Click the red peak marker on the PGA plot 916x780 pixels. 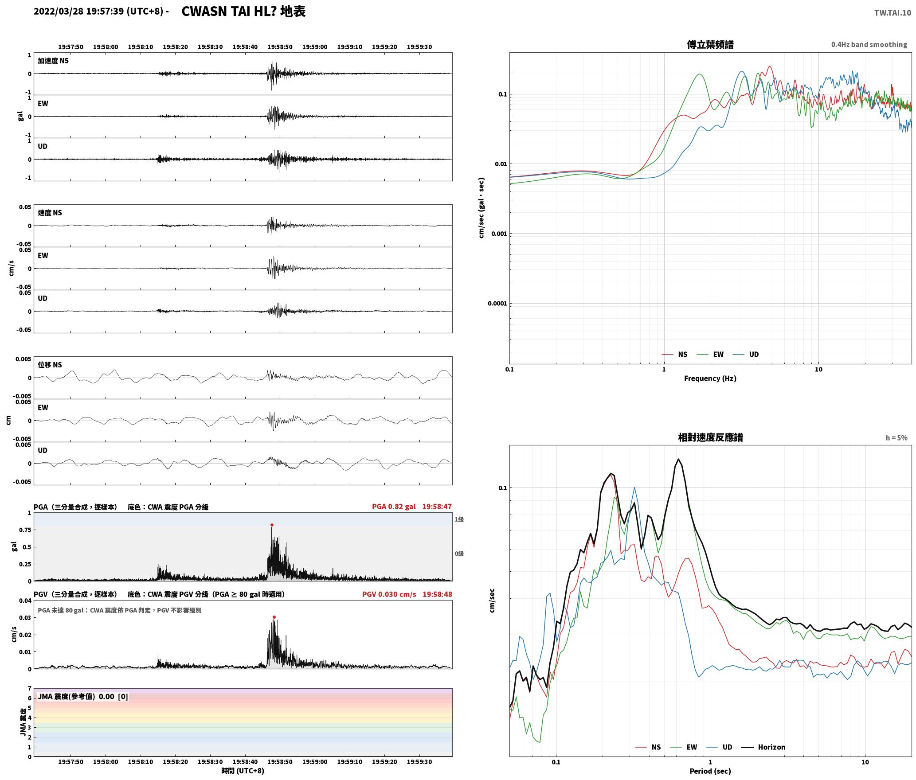point(272,525)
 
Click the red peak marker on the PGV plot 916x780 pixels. point(274,617)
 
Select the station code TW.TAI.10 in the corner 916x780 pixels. point(893,13)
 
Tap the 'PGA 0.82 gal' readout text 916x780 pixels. point(394,507)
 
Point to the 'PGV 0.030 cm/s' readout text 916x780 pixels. point(389,594)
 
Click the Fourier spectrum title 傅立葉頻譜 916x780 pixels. point(710,44)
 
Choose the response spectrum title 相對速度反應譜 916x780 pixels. point(710,437)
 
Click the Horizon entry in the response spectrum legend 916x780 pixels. point(771,747)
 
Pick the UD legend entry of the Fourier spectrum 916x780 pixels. point(754,355)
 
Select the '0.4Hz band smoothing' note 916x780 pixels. point(869,45)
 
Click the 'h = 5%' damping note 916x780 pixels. point(896,438)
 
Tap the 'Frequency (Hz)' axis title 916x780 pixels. point(710,378)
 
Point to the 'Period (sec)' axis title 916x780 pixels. point(710,772)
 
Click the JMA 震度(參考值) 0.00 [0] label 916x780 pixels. point(83,697)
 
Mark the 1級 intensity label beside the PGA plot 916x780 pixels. point(459,519)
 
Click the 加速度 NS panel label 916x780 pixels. point(53,61)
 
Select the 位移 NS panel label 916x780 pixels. point(50,365)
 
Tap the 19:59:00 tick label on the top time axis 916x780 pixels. point(315,47)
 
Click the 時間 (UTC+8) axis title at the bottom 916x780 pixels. point(243,771)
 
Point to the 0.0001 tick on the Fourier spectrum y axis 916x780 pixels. point(497,304)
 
